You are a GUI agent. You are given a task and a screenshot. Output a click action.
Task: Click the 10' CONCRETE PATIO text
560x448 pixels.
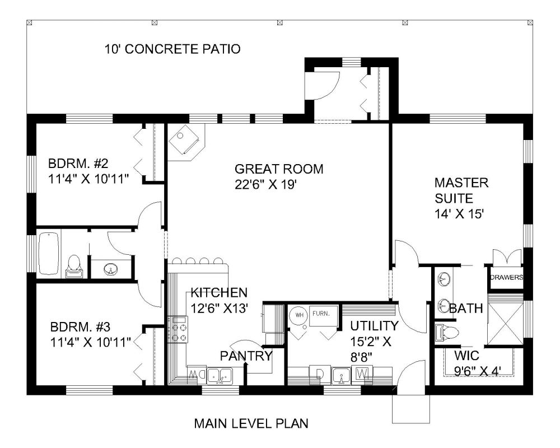[x=172, y=49]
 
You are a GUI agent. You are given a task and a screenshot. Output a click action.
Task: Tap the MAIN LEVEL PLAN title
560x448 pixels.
[x=251, y=423]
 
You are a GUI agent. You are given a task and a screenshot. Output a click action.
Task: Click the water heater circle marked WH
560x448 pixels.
[x=299, y=315]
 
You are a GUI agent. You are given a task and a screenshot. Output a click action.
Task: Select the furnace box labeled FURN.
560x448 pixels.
[x=324, y=316]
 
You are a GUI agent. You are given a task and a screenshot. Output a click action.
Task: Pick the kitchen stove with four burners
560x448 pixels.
[x=178, y=329]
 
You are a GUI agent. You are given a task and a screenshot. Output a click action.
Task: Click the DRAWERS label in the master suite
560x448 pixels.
[x=506, y=277]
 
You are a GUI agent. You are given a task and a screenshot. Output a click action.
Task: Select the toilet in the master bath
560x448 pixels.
[x=446, y=333]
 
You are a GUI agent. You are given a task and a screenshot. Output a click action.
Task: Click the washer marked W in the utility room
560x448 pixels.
[x=362, y=374]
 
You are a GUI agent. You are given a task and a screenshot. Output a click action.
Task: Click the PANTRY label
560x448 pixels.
[x=246, y=356]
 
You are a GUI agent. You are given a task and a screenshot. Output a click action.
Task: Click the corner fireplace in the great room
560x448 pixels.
[x=186, y=139]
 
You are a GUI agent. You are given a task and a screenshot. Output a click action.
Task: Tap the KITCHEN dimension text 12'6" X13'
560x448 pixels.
[x=219, y=307]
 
